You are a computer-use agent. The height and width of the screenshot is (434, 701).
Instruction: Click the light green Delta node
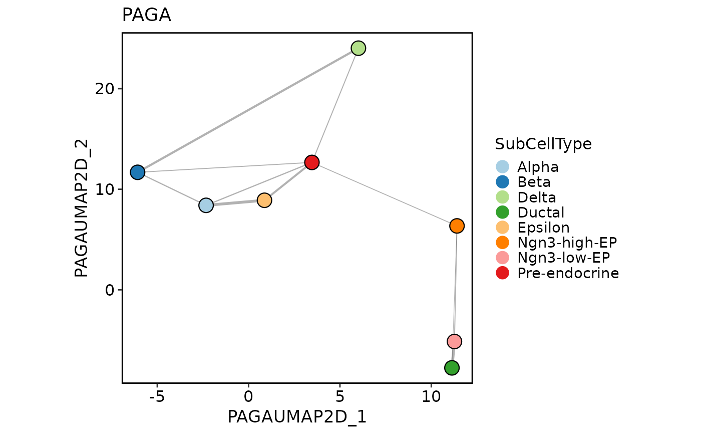coord(358,48)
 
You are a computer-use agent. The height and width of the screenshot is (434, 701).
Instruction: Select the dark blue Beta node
coord(137,172)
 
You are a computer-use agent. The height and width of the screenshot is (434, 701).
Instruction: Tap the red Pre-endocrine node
coord(312,162)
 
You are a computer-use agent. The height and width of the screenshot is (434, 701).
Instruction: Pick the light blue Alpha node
coord(206,205)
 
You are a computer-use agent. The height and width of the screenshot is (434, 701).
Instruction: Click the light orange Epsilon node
coord(264,200)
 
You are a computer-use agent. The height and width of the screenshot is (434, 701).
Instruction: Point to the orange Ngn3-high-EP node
coord(457,226)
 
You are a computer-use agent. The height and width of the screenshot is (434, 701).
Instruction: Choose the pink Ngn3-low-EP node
coord(454,342)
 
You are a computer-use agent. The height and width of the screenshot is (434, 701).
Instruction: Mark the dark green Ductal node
coord(452,368)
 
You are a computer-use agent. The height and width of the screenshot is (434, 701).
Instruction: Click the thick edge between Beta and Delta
coord(247,110)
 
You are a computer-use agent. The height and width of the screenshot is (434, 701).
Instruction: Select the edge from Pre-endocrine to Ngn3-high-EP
coord(384,194)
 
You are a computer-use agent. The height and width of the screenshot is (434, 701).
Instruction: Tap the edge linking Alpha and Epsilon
coord(235,202)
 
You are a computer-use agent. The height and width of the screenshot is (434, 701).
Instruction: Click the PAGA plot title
coord(146,16)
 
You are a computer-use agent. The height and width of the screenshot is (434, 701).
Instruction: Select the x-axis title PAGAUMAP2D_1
coord(297,417)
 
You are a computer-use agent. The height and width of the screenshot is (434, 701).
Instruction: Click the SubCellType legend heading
coord(543,144)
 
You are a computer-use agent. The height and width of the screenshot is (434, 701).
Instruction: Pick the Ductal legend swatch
coord(502,212)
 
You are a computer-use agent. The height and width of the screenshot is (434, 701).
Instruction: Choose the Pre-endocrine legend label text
coord(568,273)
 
